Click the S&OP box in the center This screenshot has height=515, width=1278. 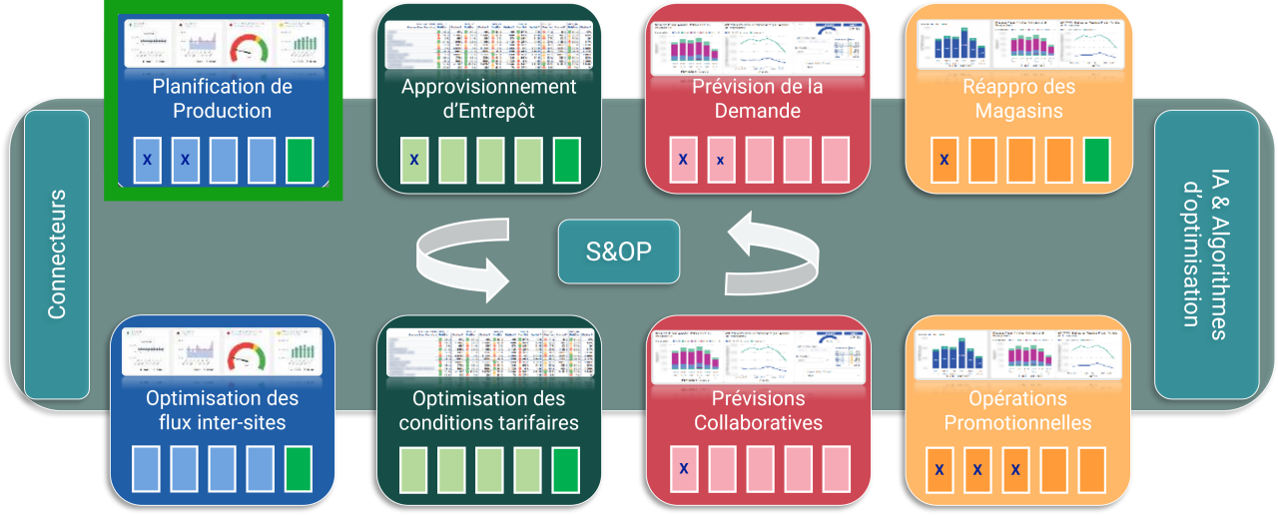pos(619,251)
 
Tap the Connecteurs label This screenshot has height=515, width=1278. pos(57,255)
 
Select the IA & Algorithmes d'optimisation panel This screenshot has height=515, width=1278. pos(1205,254)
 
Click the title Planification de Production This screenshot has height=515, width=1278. pos(223,99)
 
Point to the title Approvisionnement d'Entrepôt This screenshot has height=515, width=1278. pos(488,99)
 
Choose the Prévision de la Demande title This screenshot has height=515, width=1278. pos(757,99)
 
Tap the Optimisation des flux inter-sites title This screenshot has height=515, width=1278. pos(222,410)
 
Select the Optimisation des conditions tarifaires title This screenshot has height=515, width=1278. pos(488,410)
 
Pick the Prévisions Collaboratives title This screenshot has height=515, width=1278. pos(757,410)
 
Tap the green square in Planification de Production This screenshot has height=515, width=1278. pos(300,160)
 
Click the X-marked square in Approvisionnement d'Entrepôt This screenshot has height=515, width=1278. pos(413,160)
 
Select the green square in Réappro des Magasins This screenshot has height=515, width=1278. pos(1095,160)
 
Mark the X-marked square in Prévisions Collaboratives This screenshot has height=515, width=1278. pos(683,469)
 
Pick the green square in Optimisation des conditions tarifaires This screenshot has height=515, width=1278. pos(566,469)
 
